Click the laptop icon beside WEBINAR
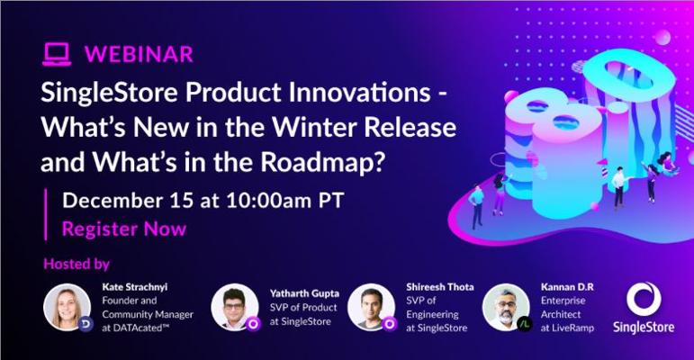57,55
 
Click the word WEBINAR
139,55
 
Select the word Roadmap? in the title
321,162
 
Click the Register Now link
124,229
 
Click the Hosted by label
77,264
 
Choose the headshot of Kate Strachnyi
68,307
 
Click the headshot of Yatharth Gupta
235,307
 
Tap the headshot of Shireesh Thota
372,307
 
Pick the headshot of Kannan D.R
506,307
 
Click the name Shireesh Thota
440,287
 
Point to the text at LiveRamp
567,328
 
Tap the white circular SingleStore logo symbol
644,300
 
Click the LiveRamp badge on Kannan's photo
524,324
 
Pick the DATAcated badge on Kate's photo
86,324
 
